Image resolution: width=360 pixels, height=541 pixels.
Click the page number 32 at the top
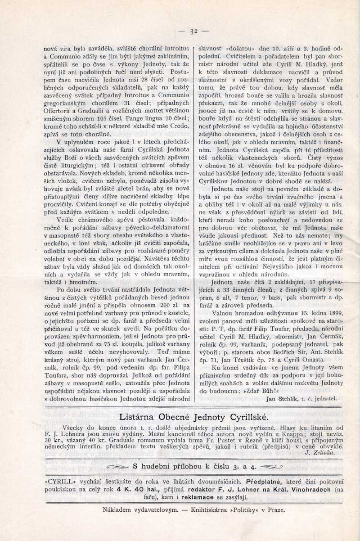click(193, 31)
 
